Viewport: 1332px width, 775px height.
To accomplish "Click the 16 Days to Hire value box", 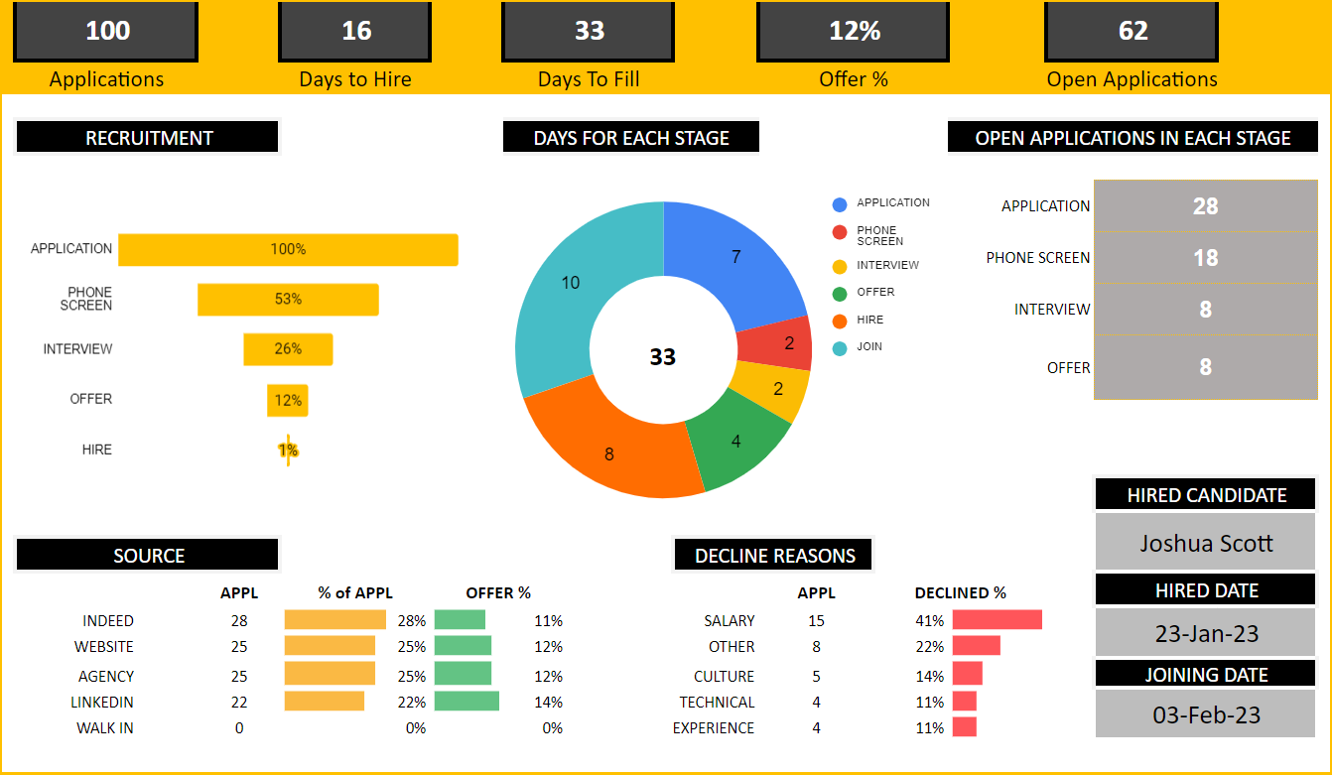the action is [355, 31].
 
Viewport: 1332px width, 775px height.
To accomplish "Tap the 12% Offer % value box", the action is [853, 31].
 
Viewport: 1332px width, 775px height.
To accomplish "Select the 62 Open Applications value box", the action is [1132, 31].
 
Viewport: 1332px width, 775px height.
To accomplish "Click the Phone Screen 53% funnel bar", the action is [288, 299].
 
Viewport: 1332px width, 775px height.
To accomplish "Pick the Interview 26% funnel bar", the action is [288, 349].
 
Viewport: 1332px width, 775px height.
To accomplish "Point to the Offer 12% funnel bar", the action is [288, 400].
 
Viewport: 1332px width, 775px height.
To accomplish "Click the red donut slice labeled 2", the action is [776, 343].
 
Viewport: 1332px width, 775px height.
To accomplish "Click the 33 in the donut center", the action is [662, 356].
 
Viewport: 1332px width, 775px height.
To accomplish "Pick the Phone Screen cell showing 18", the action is [1205, 257].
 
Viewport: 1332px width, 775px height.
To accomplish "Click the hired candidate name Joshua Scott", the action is [1205, 543].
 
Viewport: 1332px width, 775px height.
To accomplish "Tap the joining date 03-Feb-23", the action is [1206, 714].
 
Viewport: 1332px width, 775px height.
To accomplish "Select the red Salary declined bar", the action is [998, 620].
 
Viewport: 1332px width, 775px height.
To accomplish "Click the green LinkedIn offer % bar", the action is [466, 702].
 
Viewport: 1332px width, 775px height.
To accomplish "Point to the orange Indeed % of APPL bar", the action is [335, 620].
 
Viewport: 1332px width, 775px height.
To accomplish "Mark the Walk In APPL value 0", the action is [239, 728].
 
